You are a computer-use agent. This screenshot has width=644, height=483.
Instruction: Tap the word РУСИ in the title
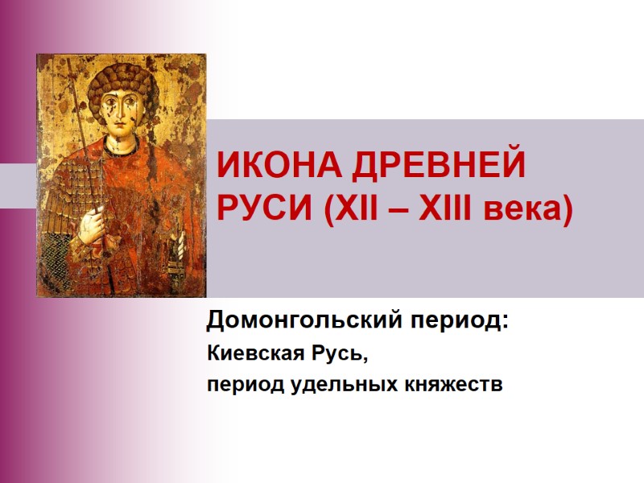coord(263,211)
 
